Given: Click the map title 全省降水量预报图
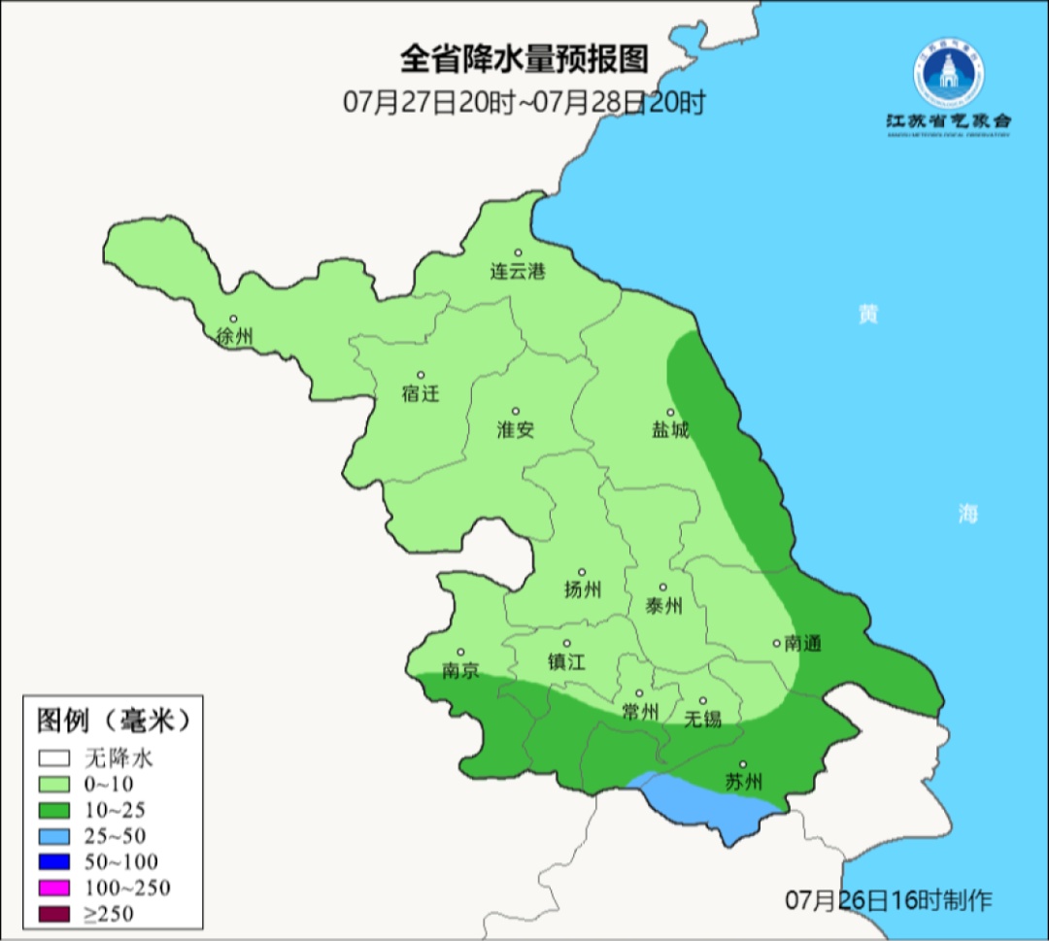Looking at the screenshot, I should coord(524,59).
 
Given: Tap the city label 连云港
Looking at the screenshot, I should coord(517,272).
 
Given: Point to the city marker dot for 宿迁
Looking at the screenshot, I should coord(421,375).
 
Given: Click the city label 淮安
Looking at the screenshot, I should coord(516,430).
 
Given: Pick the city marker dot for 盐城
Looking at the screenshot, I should coord(669,412).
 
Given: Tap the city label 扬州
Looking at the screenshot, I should coord(583,589).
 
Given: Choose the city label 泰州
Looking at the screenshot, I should coord(663,606).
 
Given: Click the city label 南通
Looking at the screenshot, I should coord(803,643).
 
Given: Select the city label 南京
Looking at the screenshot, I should coord(460,671).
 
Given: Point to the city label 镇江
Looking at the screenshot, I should coord(566,661).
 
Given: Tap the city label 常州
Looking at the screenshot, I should coord(640,712).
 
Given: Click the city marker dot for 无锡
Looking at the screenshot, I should coord(702,700).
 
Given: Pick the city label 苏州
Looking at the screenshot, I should coord(743,782).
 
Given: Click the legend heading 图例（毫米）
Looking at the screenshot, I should coord(113,721).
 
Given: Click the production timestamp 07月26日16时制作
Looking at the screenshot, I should coord(889,900).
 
